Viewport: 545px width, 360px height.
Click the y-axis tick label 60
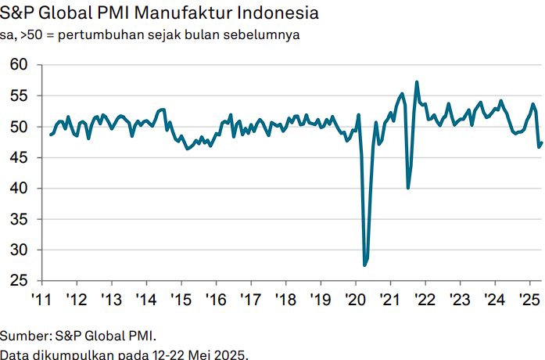click(x=20, y=65)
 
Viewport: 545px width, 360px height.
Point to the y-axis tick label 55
click(x=20, y=95)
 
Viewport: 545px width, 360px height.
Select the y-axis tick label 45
click(x=20, y=158)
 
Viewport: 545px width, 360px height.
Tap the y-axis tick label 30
click(x=20, y=250)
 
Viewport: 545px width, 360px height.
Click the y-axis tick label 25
click(x=20, y=281)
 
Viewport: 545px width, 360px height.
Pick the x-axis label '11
click(x=41, y=300)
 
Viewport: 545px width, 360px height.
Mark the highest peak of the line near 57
click(x=417, y=81)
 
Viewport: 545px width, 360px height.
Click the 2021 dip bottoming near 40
click(x=408, y=188)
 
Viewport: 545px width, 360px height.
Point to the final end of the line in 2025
click(x=542, y=142)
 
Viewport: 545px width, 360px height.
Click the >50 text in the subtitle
click(x=34, y=36)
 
